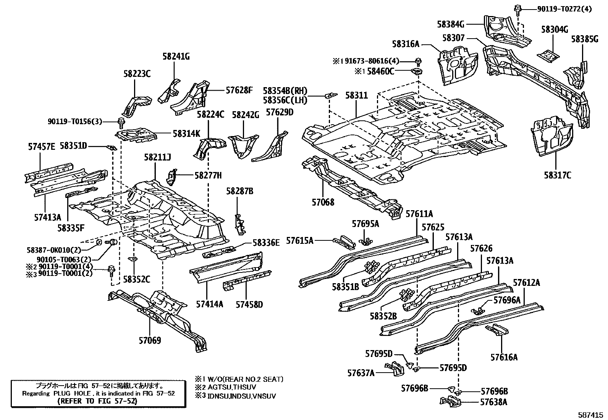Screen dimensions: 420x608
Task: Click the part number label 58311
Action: (x=357, y=95)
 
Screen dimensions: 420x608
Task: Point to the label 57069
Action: (x=150, y=340)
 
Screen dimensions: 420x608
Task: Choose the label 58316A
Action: (x=405, y=44)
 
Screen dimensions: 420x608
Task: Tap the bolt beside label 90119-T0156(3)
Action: (x=120, y=122)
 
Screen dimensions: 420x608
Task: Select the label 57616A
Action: (x=504, y=357)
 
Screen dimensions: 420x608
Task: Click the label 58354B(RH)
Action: (x=285, y=91)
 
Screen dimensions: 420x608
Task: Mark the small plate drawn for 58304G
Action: (x=548, y=56)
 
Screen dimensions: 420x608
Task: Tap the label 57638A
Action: (x=493, y=402)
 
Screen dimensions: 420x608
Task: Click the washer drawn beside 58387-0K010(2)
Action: (x=98, y=242)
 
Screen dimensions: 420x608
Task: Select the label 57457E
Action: (x=42, y=146)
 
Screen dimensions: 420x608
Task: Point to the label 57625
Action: (x=433, y=227)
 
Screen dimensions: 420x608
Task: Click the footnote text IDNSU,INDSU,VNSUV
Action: (x=241, y=396)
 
